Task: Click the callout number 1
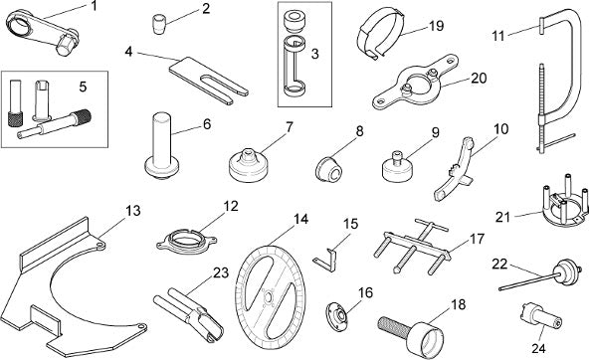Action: [x=94, y=6]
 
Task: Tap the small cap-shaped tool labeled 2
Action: [x=158, y=25]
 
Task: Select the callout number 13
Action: [x=132, y=211]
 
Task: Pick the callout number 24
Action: [x=538, y=349]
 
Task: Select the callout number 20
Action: [x=479, y=78]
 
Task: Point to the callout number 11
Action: [x=498, y=36]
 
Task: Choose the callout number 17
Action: [x=477, y=239]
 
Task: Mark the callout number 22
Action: [x=499, y=265]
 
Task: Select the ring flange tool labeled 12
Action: [x=187, y=243]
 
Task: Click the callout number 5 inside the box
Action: [x=83, y=87]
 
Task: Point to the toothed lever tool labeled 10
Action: [x=456, y=167]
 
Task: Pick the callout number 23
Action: [x=221, y=272]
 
